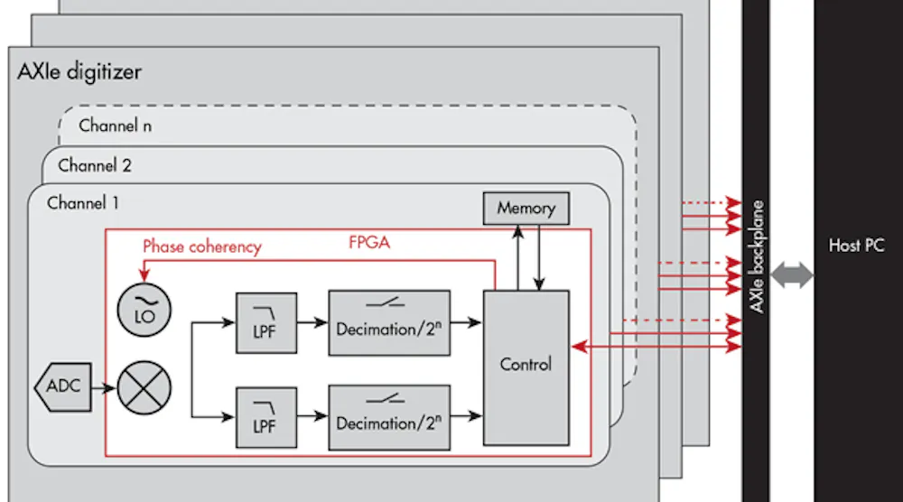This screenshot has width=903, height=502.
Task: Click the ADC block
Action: [63, 386]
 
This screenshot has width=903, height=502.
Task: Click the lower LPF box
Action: [259, 414]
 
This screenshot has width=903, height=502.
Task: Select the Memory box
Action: [526, 209]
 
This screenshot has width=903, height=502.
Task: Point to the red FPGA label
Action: [368, 243]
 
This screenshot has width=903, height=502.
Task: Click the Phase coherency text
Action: [201, 246]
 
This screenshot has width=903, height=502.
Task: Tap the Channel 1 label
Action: [82, 202]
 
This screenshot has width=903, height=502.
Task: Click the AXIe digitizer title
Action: [79, 72]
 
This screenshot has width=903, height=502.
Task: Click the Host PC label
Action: [856, 245]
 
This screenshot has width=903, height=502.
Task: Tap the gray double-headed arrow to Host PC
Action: [791, 277]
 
